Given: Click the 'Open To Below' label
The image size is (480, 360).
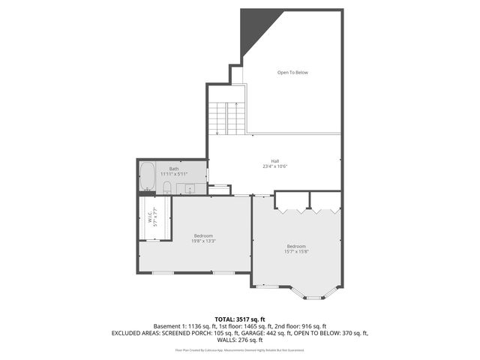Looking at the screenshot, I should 292,73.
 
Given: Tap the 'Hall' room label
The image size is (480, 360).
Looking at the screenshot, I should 275,161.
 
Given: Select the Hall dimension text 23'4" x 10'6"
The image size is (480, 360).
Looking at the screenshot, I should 275,166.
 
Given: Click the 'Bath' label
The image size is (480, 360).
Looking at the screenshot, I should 174,169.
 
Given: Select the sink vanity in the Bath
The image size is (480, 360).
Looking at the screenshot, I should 190,188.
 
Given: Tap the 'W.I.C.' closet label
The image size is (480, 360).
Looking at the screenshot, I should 150,217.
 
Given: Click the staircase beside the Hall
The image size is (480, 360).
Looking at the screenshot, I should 226,118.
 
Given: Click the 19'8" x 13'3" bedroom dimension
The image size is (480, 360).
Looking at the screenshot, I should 203,241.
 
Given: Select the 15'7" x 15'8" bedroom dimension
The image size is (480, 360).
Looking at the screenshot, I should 296,252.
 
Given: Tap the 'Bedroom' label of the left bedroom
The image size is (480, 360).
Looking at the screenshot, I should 203,235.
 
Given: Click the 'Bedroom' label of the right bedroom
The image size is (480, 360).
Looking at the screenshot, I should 296,246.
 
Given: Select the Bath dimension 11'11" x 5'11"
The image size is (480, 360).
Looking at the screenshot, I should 174,174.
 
